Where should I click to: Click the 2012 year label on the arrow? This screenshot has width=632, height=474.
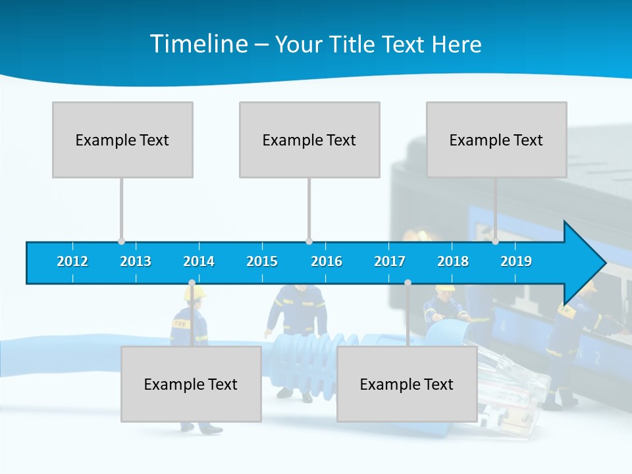point(72,261)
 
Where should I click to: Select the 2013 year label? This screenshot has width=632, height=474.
point(136,261)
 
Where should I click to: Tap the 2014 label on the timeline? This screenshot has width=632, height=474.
point(199,261)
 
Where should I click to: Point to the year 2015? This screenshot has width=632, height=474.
point(262,261)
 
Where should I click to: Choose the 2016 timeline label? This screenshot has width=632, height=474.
point(327,261)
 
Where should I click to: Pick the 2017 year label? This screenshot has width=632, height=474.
point(390,261)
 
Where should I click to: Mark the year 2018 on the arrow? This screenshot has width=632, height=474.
point(453,261)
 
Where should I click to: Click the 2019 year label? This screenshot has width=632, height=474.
point(516,261)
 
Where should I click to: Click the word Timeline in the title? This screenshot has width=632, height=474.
point(199,43)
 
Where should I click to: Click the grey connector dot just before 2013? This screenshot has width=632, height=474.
point(121,242)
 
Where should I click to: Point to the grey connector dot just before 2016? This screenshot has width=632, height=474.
point(309,242)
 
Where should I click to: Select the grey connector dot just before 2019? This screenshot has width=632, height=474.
point(495,242)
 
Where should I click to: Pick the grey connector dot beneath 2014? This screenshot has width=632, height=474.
point(192,283)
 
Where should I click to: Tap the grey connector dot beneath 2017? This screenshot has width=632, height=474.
point(408,283)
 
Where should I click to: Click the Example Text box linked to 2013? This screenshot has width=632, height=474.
point(122,140)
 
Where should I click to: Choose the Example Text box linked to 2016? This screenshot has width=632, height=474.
point(309,140)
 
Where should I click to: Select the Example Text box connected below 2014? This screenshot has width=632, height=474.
point(191,384)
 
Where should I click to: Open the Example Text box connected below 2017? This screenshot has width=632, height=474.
point(407,384)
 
